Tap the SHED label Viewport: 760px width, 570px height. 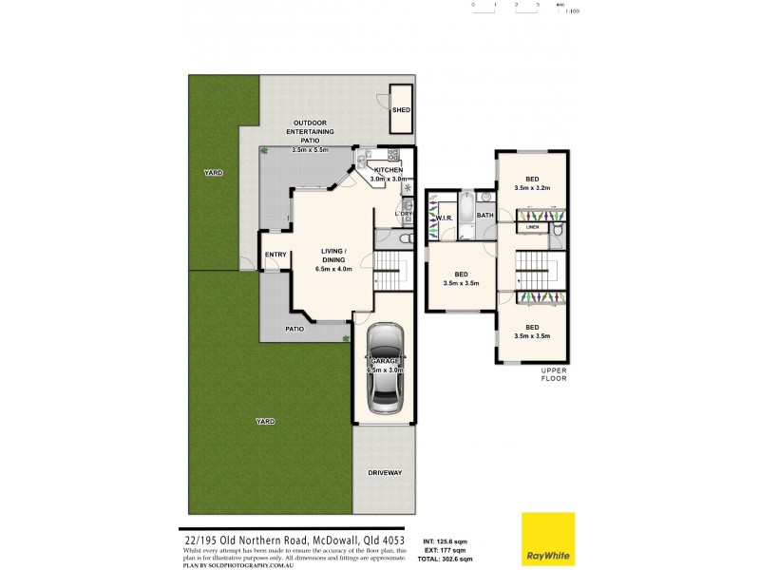[x=402, y=110]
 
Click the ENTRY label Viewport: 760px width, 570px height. [x=275, y=255]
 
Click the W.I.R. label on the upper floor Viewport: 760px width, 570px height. [x=443, y=219]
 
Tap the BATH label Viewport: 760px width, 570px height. [x=484, y=216]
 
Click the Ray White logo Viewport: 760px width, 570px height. [x=547, y=539]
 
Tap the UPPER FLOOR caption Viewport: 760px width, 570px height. [x=554, y=373]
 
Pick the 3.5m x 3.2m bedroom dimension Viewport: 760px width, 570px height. [x=532, y=188]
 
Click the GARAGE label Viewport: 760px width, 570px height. [x=386, y=362]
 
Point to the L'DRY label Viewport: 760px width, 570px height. [x=404, y=215]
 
